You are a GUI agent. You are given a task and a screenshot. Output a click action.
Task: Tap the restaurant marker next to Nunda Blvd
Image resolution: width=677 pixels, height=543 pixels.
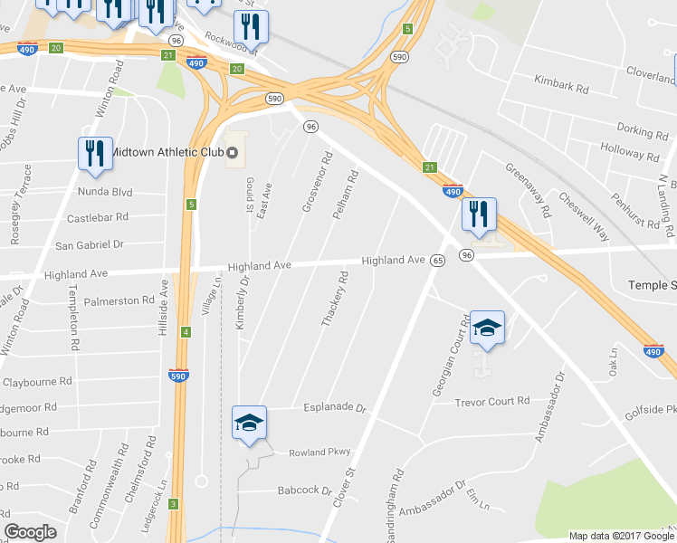(95, 154)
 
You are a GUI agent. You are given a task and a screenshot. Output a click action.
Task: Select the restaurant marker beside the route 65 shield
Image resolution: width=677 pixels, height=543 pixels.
(478, 215)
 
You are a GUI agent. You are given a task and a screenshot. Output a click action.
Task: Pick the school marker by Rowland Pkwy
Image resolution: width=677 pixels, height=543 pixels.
(249, 424)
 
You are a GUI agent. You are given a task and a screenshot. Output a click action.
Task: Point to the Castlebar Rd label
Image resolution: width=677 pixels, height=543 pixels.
(98, 218)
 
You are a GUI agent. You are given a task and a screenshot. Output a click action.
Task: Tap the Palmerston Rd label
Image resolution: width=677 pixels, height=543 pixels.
(119, 300)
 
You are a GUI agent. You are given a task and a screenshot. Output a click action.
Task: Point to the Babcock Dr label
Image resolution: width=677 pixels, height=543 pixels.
(305, 490)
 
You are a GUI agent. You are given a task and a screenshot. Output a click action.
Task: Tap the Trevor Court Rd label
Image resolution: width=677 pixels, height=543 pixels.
(491, 402)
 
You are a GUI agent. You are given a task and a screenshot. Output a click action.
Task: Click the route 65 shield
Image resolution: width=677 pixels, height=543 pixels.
(437, 261)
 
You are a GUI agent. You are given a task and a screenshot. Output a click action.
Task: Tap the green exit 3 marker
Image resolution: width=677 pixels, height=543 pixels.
(172, 503)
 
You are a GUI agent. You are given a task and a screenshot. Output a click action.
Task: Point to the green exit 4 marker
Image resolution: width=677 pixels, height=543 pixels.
(186, 332)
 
